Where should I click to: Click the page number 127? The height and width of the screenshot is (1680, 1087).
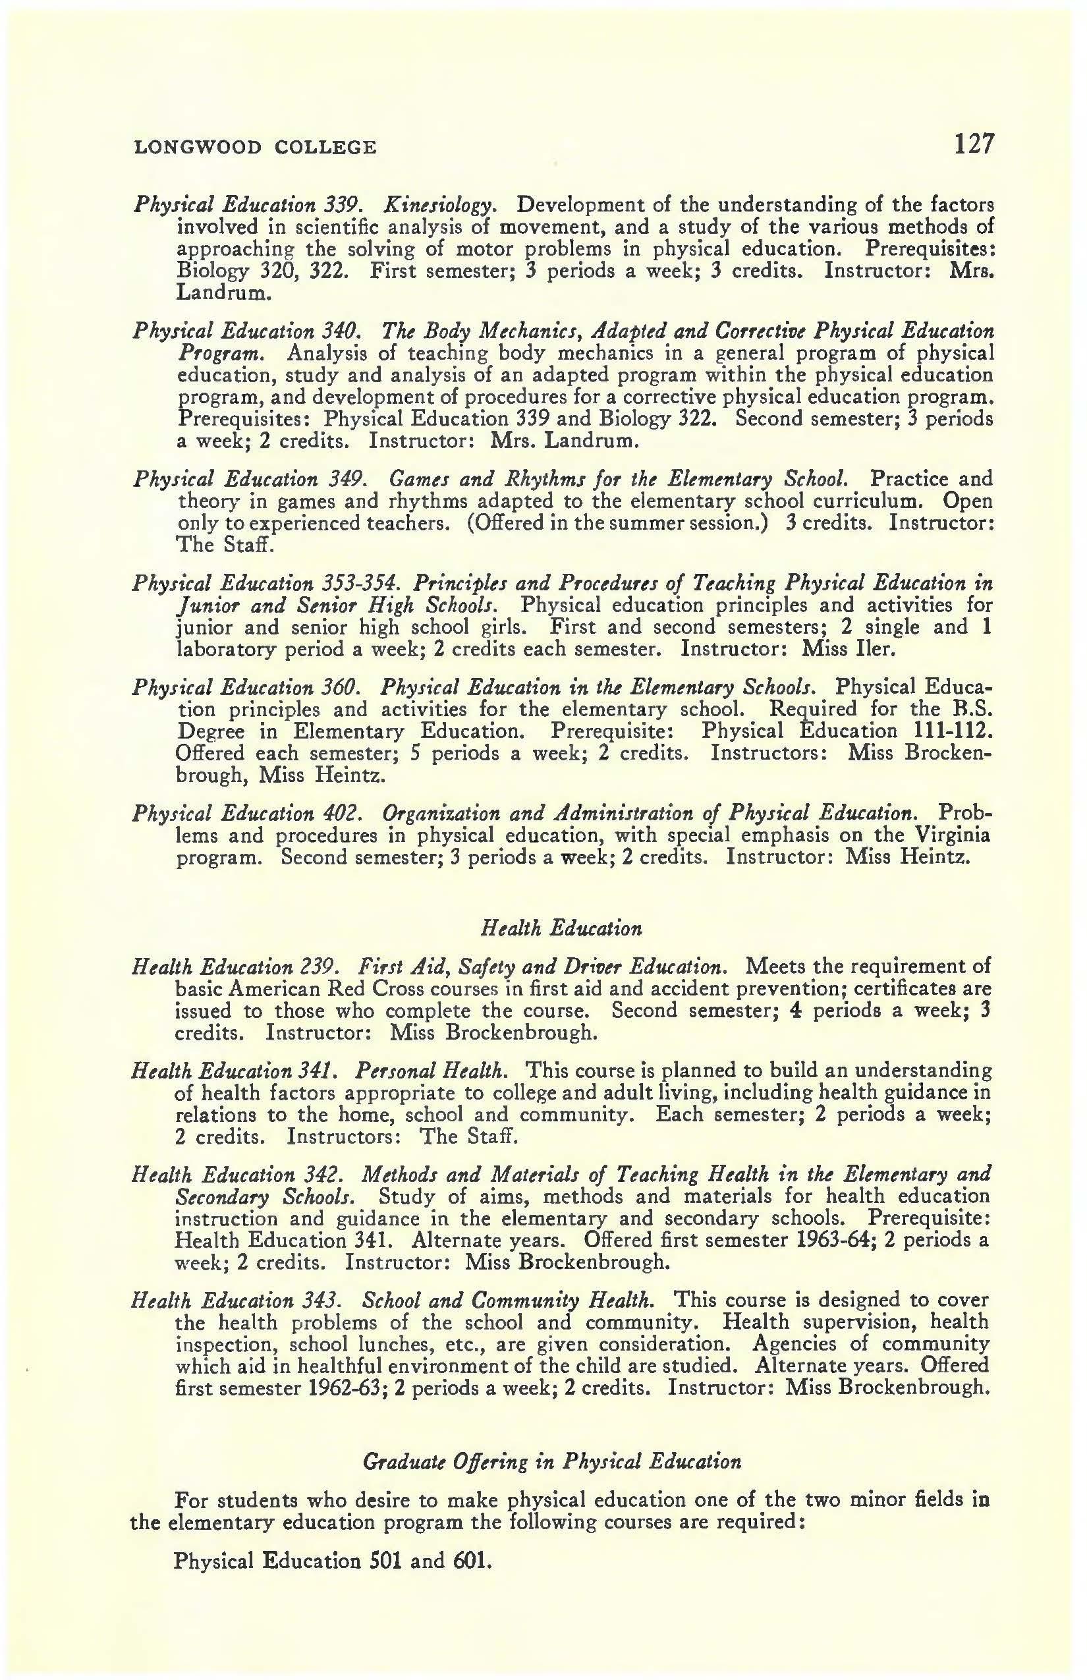click(x=974, y=144)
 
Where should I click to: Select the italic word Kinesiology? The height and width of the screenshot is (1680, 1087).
click(x=441, y=206)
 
